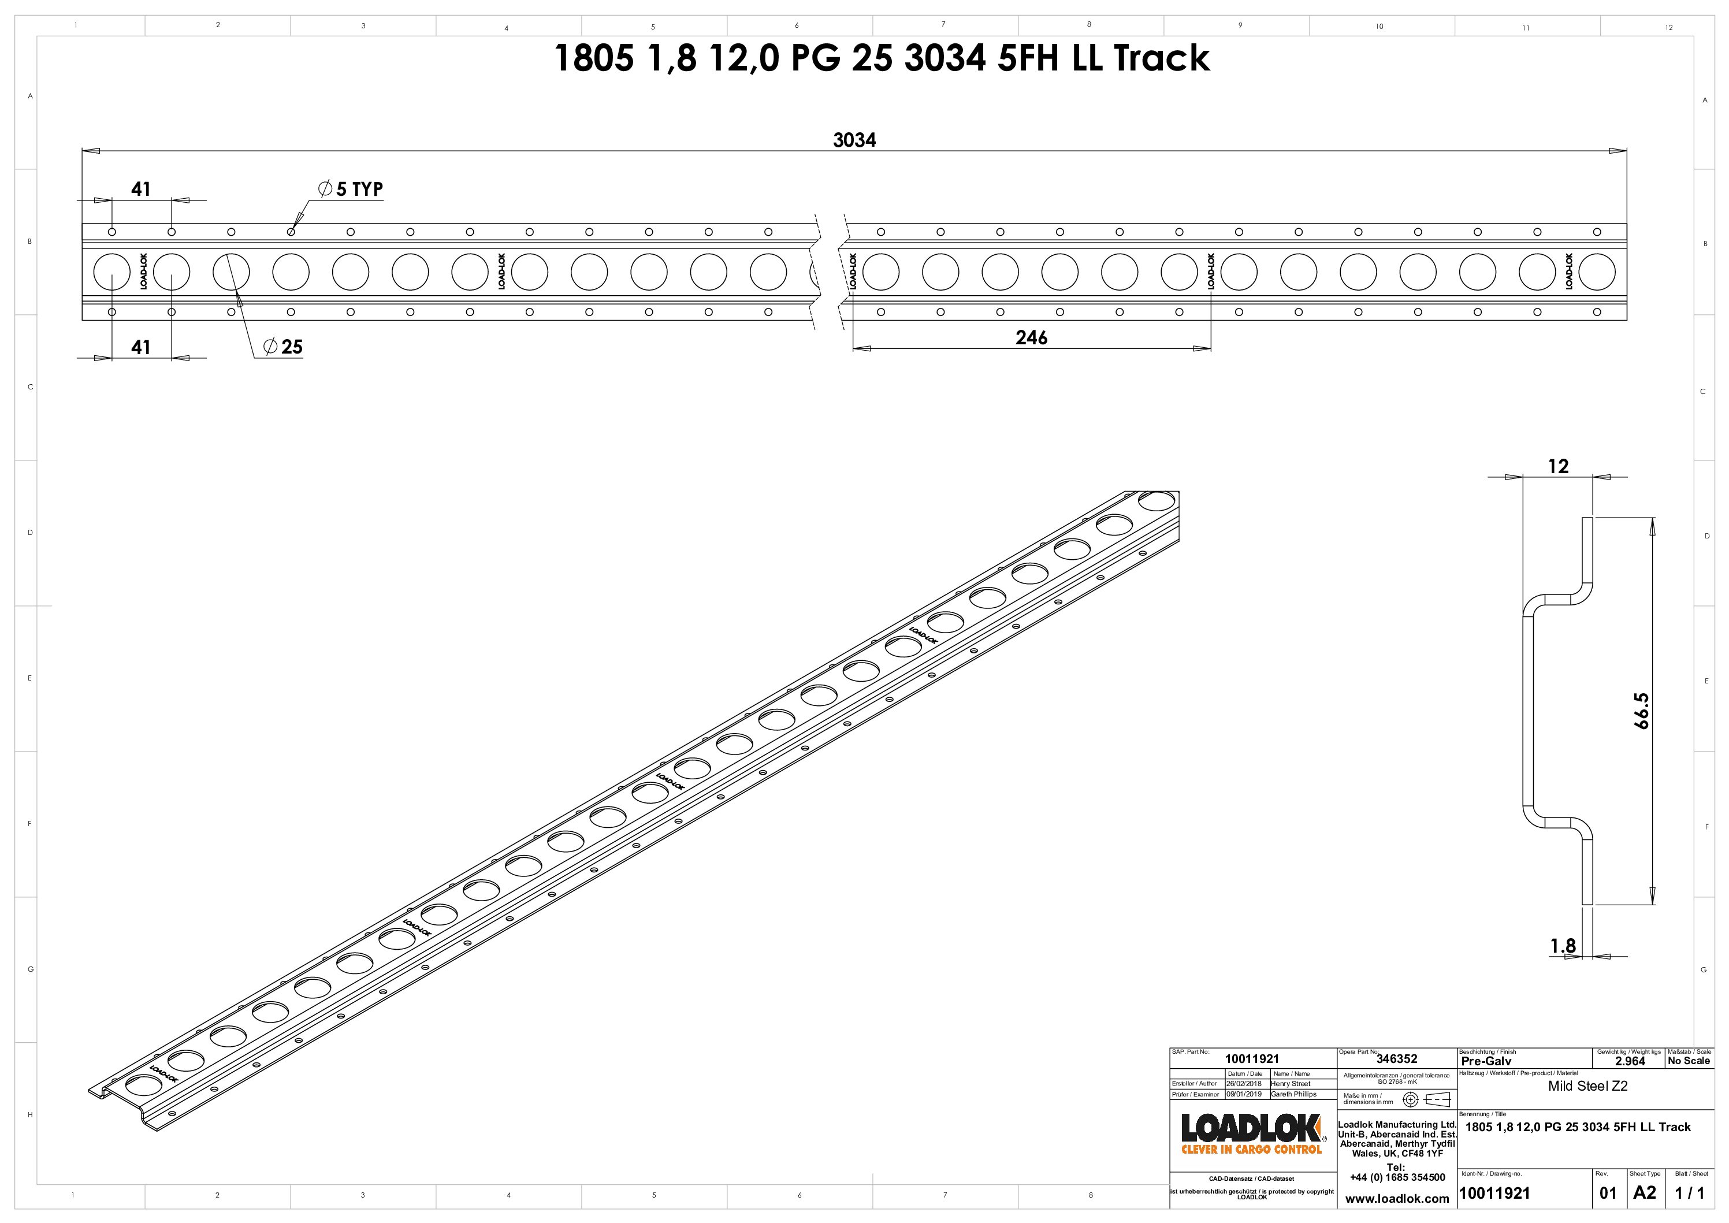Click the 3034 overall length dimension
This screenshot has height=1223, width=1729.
coord(854,140)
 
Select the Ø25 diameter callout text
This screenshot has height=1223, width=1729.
coord(284,347)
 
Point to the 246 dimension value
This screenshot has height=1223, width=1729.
coord(1031,337)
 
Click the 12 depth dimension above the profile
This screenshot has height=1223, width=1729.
coord(1558,467)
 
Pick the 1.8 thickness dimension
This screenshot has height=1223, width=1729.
coord(1563,946)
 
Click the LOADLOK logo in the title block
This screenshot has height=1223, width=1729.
coord(1251,1133)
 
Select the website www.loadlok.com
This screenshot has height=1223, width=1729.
coord(1397,1198)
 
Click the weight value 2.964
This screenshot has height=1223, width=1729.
coord(1630,1061)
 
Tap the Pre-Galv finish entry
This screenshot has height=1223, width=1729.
coord(1486,1061)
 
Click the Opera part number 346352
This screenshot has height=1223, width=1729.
coord(1397,1059)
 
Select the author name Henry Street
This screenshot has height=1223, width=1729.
coord(1291,1084)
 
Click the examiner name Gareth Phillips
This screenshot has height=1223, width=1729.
coord(1294,1094)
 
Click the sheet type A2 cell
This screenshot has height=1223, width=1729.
coord(1645,1193)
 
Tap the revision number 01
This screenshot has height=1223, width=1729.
coord(1608,1193)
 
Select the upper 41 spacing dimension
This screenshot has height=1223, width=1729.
coord(141,189)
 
